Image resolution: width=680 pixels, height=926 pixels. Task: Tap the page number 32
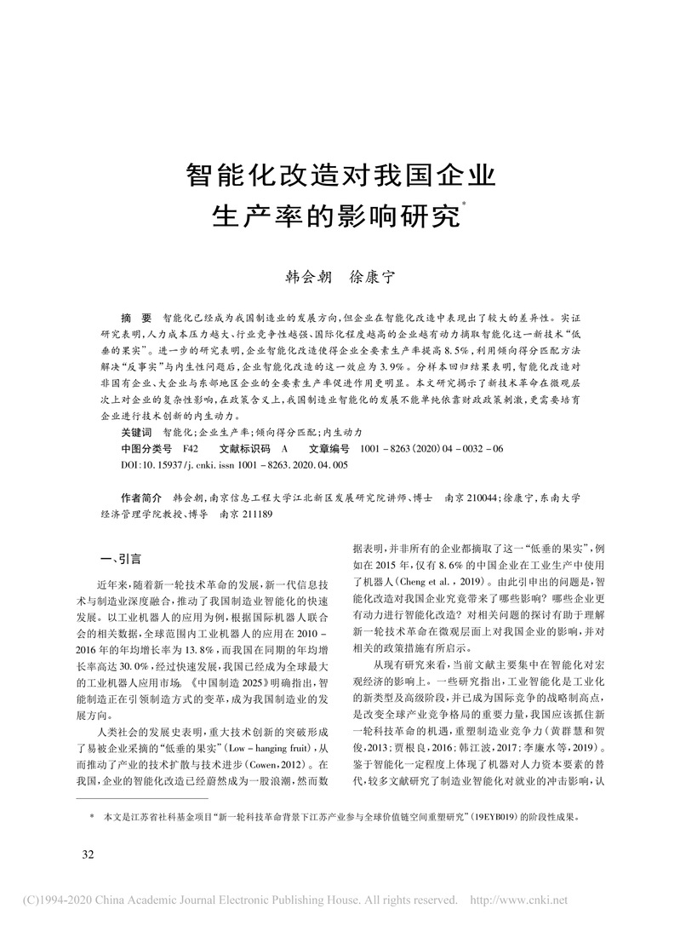click(x=89, y=854)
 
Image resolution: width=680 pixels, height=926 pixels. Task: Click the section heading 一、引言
click(x=120, y=560)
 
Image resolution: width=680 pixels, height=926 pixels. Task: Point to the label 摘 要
click(x=136, y=315)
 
